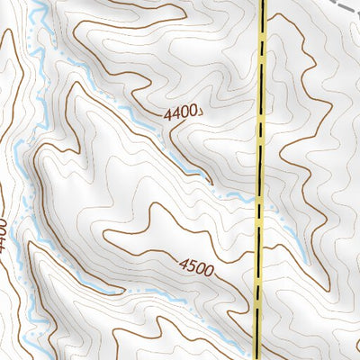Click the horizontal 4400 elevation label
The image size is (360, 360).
(x=181, y=114)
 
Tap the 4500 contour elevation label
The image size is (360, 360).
(x=196, y=266)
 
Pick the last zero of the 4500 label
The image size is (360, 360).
(x=209, y=269)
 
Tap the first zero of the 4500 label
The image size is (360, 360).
(x=200, y=267)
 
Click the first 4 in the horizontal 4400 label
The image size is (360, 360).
(x=167, y=114)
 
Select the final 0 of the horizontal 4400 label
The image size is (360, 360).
(x=193, y=114)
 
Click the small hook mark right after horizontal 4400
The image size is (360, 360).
(x=201, y=113)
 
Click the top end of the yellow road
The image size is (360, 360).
(x=265, y=3)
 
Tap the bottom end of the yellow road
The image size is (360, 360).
(x=257, y=356)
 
